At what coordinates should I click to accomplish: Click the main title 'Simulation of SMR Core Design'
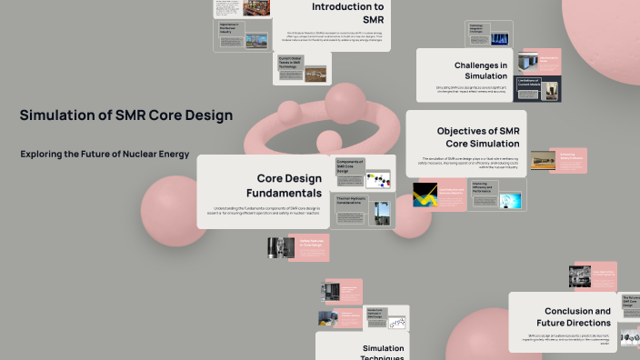tap(126, 115)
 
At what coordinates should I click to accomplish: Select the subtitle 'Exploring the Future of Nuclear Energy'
tap(105, 155)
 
